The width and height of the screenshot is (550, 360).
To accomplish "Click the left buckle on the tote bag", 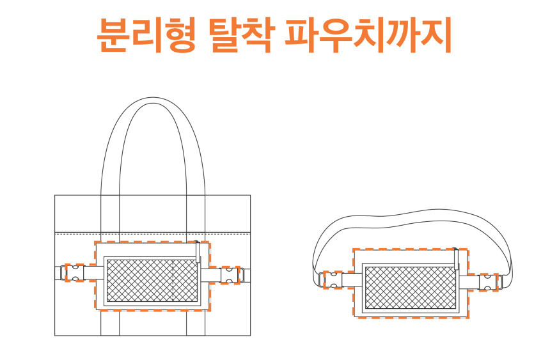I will (x=75, y=273).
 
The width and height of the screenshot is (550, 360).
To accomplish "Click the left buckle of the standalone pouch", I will (x=333, y=280).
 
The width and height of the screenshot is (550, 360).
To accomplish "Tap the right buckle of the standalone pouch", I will (x=489, y=281).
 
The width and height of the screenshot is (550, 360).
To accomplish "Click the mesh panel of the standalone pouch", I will (x=409, y=287).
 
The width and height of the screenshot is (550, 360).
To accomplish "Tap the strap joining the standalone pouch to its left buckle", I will (x=352, y=280).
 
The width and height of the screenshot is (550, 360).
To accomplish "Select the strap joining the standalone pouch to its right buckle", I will (x=469, y=281).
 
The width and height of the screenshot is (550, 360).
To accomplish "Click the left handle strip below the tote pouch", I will (x=110, y=323).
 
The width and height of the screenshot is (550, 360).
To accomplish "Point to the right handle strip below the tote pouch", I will (x=195, y=323).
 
